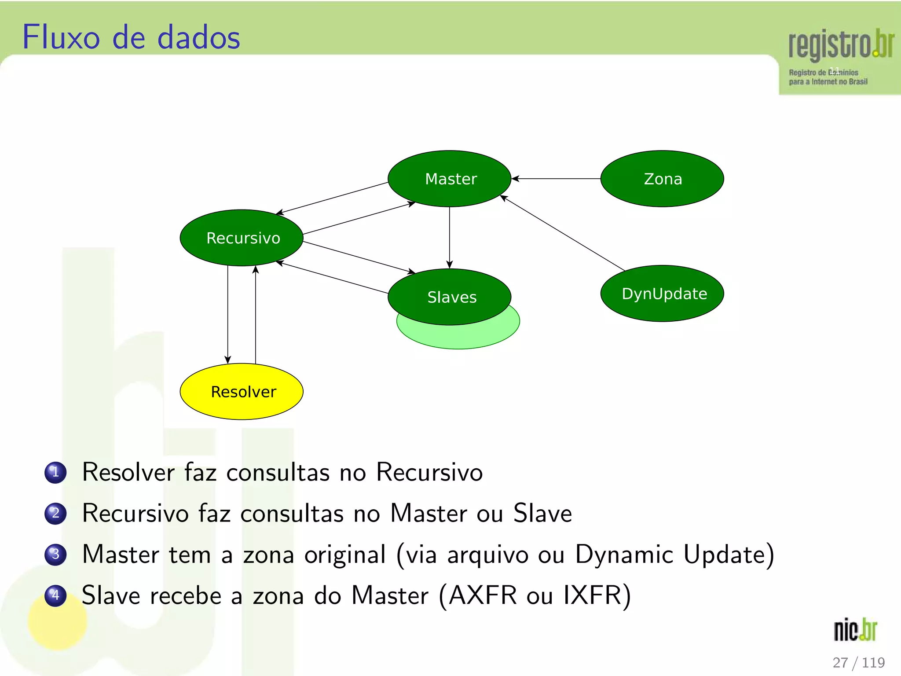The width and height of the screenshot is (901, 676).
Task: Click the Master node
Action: pyautogui.click(x=449, y=179)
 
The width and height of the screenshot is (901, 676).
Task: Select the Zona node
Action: pyautogui.click(x=662, y=179)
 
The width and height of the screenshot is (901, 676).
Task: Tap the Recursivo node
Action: pyautogui.click(x=242, y=238)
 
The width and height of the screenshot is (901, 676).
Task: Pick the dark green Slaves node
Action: pyautogui.click(x=449, y=297)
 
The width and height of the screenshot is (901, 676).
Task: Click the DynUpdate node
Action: pyautogui.click(x=662, y=294)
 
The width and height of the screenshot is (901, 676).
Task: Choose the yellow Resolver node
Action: pyautogui.click(x=242, y=391)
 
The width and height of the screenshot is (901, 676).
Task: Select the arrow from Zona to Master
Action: pyautogui.click(x=557, y=179)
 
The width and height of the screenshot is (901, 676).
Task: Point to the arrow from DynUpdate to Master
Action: pyautogui.click(x=563, y=234)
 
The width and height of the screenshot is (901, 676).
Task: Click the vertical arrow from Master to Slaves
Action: pyautogui.click(x=449, y=238)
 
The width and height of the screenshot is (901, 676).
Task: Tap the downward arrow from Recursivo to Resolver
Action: pyautogui.click(x=227, y=315)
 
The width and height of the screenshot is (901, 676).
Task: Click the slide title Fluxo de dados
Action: pyautogui.click(x=131, y=37)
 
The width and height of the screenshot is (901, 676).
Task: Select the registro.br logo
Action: pyautogui.click(x=840, y=57)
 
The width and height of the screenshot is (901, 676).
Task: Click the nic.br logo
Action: pyautogui.click(x=855, y=630)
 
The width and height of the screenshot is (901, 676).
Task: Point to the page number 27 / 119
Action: pyautogui.click(x=858, y=662)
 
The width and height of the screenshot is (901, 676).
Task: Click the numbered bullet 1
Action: pyautogui.click(x=55, y=472)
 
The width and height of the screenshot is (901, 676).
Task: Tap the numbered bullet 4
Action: pyautogui.click(x=55, y=595)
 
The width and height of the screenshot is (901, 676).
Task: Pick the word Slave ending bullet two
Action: pyautogui.click(x=542, y=513)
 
